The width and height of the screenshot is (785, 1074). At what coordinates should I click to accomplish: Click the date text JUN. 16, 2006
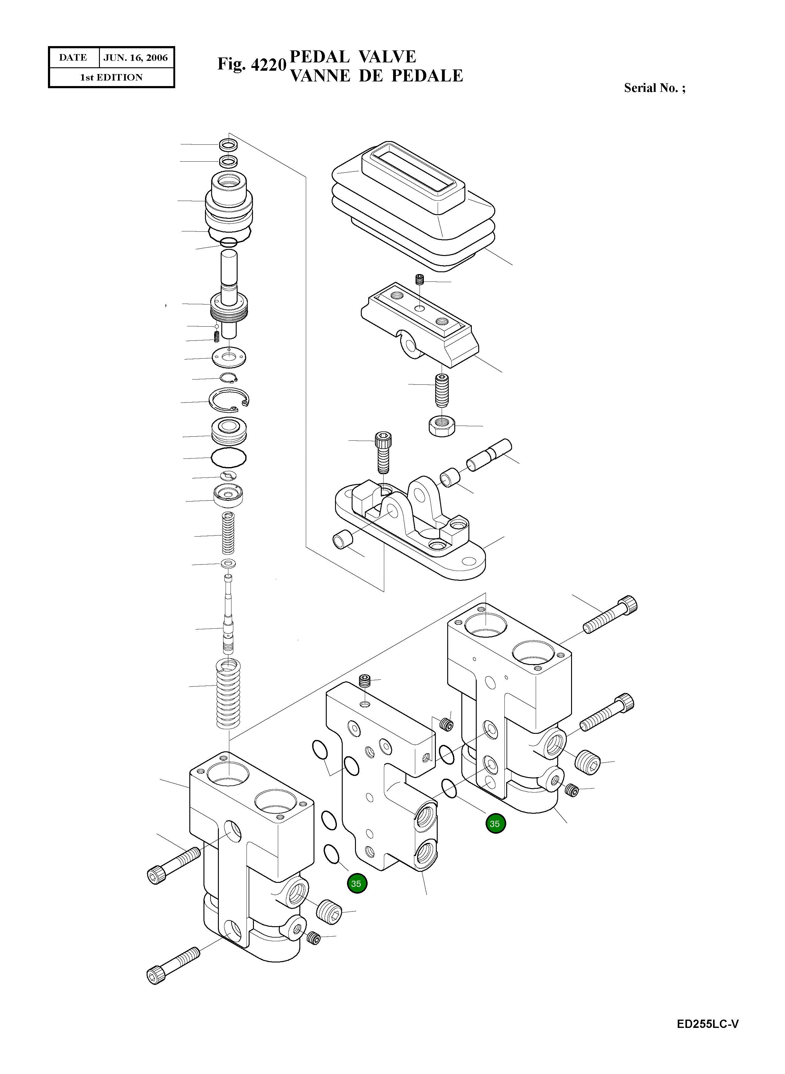pyautogui.click(x=136, y=58)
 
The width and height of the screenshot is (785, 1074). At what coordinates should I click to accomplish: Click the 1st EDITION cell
pyautogui.click(x=111, y=77)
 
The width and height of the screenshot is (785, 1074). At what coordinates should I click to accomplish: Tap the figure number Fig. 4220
pyautogui.click(x=252, y=64)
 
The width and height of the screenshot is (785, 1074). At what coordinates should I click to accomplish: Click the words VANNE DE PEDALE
pyautogui.click(x=376, y=76)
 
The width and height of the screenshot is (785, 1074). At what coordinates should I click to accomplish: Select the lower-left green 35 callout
pyautogui.click(x=357, y=884)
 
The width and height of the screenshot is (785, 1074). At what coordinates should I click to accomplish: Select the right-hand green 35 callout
pyautogui.click(x=495, y=824)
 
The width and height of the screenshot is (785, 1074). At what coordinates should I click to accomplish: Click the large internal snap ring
pyautogui.click(x=229, y=400)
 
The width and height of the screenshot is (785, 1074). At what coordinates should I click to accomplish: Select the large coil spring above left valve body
pyautogui.click(x=229, y=694)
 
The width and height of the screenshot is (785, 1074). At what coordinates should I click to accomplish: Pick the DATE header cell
pyautogui.click(x=73, y=58)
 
